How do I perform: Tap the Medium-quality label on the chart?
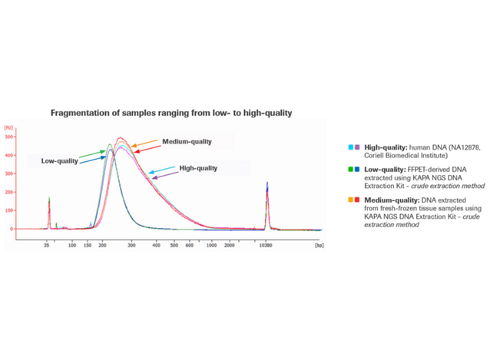tap(187, 142)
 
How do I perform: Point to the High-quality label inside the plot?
tap(198, 168)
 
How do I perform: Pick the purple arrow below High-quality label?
tap(163, 176)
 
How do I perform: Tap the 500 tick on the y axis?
tap(10, 137)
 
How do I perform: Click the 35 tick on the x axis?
tap(48, 246)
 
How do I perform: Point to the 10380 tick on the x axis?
tap(266, 246)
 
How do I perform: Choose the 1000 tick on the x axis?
tap(210, 246)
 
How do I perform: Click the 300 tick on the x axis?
tap(131, 246)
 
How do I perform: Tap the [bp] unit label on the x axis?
tap(319, 246)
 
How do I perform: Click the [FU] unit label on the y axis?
tap(8, 127)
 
